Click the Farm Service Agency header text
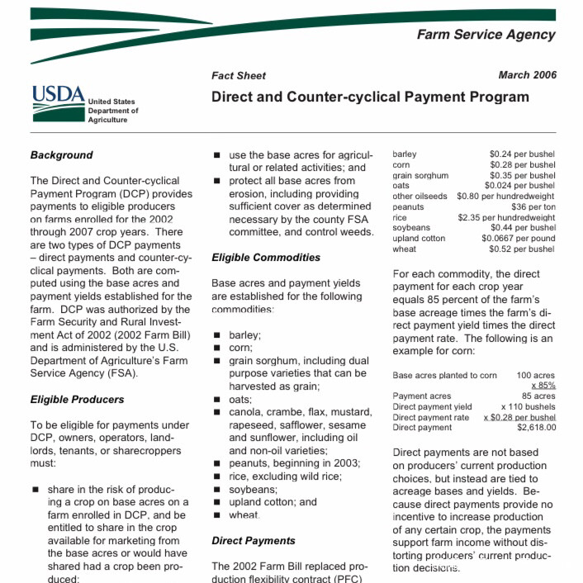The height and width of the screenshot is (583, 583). point(486,35)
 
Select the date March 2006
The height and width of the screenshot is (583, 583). point(527,75)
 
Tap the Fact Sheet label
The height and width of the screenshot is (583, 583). point(239,76)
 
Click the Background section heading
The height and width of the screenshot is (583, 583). point(62,154)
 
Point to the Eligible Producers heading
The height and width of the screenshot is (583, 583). point(77,399)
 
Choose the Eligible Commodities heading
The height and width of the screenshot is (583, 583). point(266,257)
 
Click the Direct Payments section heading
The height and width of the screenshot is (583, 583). point(254,541)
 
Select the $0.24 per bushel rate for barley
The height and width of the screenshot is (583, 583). point(522,154)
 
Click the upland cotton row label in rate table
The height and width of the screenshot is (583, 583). point(419,239)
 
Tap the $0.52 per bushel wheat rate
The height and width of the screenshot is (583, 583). point(522,249)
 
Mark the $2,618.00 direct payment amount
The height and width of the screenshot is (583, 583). point(536,428)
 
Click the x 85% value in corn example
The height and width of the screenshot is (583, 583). point(543,386)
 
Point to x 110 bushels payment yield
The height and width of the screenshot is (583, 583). point(528,406)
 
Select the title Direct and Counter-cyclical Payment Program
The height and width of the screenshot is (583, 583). point(370,97)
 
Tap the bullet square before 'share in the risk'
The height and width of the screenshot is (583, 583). point(36,490)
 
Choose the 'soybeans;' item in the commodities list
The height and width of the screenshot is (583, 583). point(253,489)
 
